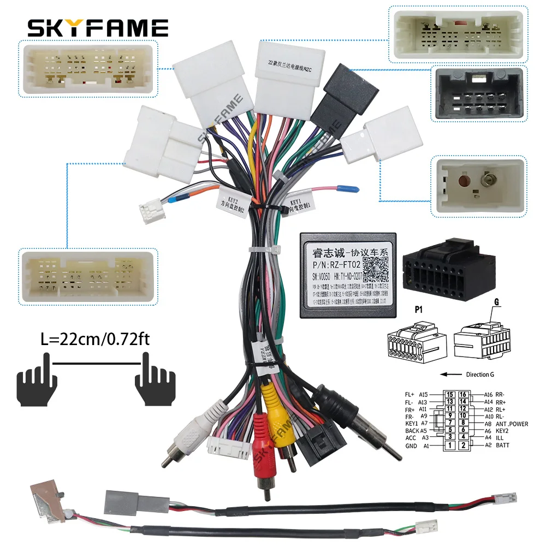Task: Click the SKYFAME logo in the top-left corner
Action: [98, 27]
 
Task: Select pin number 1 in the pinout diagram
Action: [449, 446]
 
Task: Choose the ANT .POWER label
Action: [511, 424]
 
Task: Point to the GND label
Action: [411, 446]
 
